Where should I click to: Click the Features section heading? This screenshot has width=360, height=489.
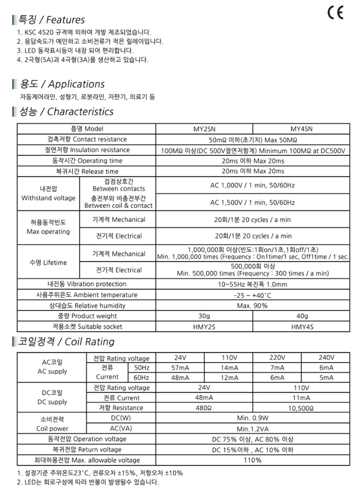(51, 20)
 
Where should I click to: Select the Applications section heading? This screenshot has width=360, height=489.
(62, 84)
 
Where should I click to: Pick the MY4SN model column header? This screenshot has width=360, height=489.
(301, 129)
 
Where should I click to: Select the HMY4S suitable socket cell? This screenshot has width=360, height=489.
(301, 326)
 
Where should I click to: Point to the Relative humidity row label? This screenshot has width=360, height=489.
(86, 305)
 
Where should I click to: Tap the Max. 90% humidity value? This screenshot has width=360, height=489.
(252, 305)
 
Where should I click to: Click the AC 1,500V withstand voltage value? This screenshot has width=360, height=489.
(252, 202)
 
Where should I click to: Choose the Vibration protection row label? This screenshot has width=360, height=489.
(86, 284)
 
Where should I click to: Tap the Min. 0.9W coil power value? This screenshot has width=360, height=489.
(252, 418)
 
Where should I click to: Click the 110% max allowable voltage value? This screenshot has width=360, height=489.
(252, 460)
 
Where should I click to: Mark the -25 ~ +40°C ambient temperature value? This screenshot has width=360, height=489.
(252, 295)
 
